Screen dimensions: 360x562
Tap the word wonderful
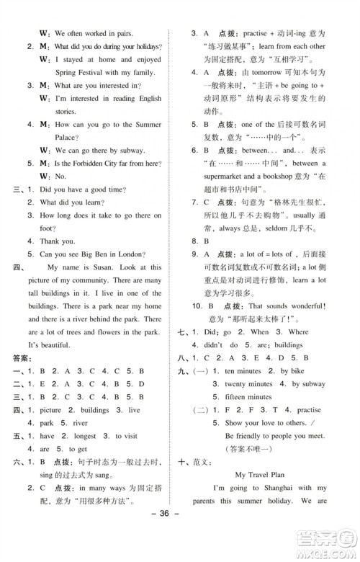pyautogui.click(x=302, y=306)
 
